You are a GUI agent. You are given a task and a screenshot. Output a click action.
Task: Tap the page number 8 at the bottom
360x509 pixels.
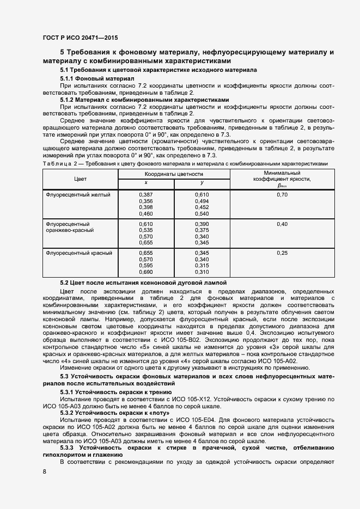pos(44,471)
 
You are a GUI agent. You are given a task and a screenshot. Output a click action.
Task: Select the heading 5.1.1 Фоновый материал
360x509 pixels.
pos(94,78)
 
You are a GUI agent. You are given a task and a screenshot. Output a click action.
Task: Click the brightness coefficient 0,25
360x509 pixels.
pos(282,253)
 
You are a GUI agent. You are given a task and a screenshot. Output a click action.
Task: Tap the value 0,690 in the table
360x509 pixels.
pos(146,272)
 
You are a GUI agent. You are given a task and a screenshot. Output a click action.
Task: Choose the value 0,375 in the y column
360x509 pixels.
pos(202,230)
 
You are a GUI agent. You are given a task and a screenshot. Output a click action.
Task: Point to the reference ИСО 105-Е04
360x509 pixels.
pos(202,419)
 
